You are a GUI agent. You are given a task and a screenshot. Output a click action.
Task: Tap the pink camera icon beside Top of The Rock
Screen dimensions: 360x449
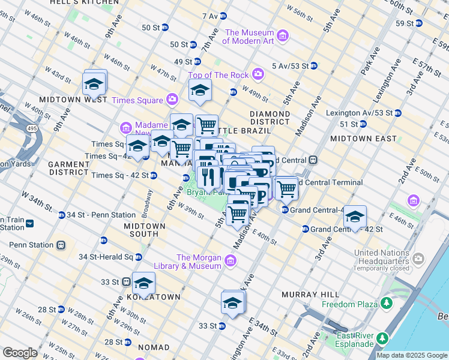coord(258,74)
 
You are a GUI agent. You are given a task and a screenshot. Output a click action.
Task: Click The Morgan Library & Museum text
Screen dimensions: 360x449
coord(199,262)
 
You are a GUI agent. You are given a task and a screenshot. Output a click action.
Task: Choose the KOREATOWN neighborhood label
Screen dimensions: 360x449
coord(152,297)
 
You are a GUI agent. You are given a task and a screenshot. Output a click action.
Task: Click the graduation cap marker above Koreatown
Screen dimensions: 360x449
coord(143,283)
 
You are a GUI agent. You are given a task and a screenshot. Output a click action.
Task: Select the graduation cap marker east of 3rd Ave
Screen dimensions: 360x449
coord(355,217)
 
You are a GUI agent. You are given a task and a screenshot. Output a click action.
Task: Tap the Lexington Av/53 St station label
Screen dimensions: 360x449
coord(360,112)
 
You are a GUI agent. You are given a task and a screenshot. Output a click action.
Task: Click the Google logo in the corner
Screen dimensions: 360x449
coord(20,353)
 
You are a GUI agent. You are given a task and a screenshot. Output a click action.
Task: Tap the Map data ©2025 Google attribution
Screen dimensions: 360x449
coord(412,355)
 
